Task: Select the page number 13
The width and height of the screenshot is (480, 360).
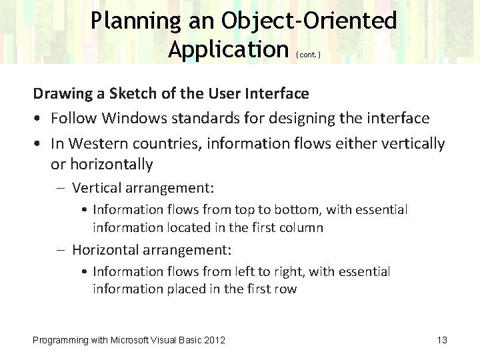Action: click(x=441, y=341)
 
